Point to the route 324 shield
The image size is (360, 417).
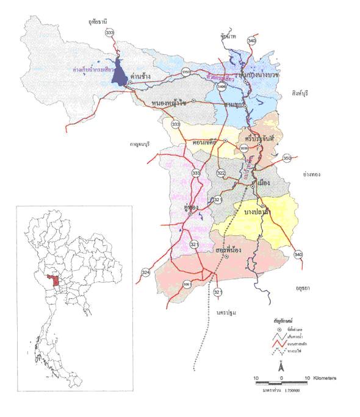tap(145, 272)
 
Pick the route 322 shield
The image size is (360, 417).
tap(221, 174)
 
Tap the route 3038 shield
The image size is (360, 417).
tap(245, 147)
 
